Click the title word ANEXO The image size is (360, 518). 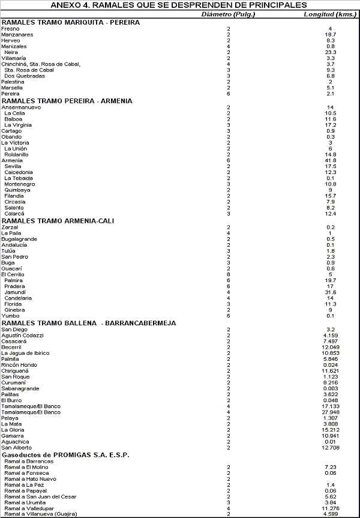pos(67,5)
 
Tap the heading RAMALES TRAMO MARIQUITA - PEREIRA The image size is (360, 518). pos(71,22)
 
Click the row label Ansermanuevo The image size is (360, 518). pos(22,107)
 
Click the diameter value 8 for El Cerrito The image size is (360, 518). pos(228,274)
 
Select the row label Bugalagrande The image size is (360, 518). pos(19,239)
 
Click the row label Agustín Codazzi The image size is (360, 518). pos(23,335)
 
